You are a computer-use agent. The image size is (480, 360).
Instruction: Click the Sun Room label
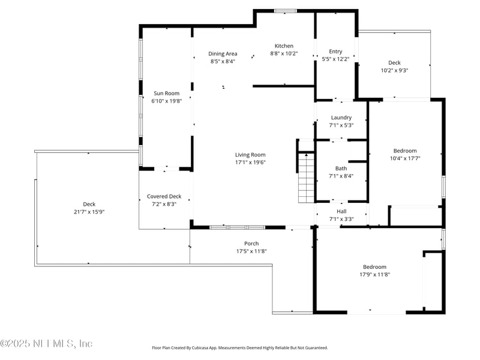(x=166, y=93)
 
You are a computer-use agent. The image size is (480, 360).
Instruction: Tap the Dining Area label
(x=223, y=53)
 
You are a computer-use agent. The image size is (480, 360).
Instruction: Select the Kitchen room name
(x=284, y=46)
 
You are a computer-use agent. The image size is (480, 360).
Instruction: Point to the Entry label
(x=335, y=51)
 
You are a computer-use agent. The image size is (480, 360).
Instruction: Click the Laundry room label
(x=341, y=118)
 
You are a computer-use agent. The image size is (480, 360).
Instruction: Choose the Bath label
(x=341, y=169)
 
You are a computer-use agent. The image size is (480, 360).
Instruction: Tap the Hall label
(x=341, y=211)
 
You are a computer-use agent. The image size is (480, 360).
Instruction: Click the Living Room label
(x=250, y=155)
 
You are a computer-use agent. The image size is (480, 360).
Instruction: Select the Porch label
(x=251, y=243)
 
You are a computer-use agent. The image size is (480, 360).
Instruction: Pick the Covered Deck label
(x=164, y=196)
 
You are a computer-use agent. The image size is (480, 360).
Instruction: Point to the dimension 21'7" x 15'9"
(x=89, y=212)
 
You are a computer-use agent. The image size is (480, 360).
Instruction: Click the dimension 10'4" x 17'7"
(x=404, y=158)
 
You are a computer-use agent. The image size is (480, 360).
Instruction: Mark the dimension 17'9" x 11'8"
(x=374, y=274)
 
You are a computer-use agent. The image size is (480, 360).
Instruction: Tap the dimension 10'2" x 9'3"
(x=394, y=70)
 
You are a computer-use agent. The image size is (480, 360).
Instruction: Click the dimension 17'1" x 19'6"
(x=250, y=162)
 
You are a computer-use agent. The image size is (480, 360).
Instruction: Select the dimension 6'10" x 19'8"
(x=166, y=101)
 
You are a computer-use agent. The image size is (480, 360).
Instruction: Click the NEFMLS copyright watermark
(x=46, y=344)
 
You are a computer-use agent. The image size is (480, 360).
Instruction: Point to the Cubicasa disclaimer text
(x=240, y=347)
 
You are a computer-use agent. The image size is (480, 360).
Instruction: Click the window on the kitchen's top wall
(x=285, y=11)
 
